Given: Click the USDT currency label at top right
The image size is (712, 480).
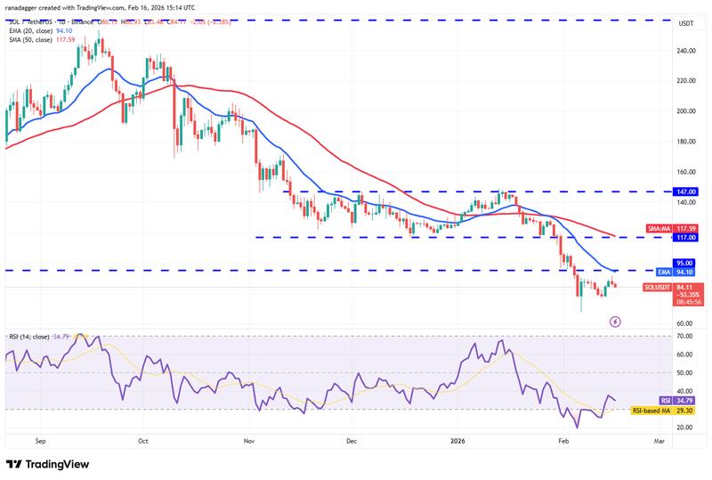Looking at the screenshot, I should click(685, 24).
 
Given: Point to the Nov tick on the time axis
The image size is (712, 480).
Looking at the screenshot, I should click(249, 440).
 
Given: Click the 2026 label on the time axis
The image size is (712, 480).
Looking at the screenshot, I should click(457, 440).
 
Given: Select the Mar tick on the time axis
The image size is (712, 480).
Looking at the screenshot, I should click(659, 440).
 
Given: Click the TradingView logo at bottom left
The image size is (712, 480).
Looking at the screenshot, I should click(50, 464).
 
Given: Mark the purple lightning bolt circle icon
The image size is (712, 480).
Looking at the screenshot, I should click(614, 321).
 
